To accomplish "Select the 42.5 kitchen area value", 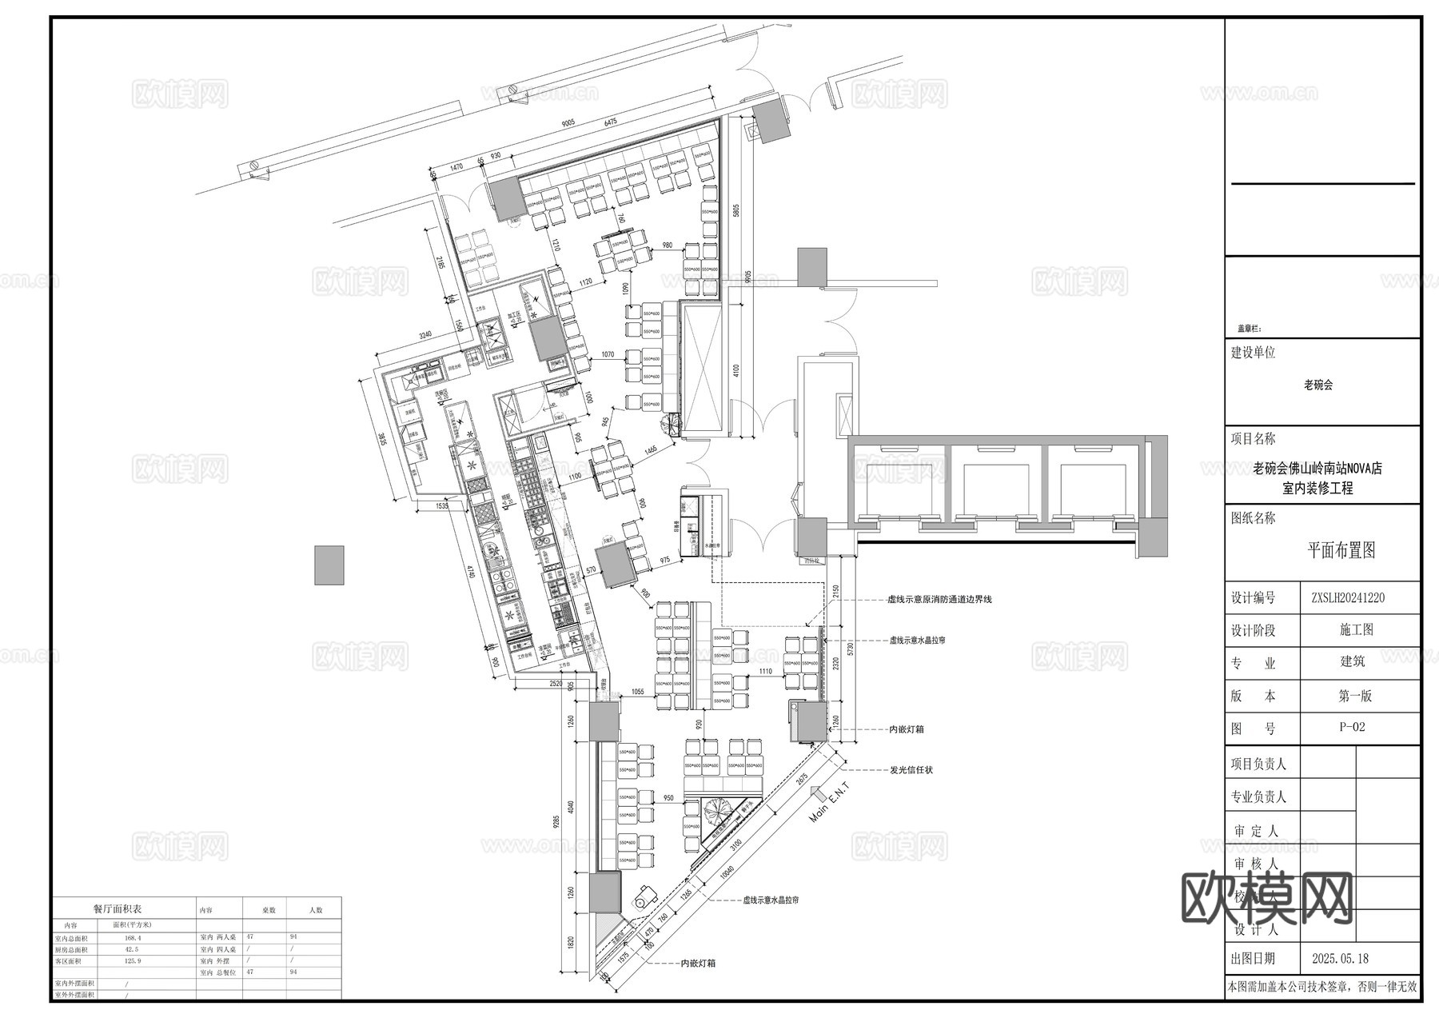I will (132, 949).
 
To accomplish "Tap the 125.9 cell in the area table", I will (132, 960).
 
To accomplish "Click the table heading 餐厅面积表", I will (117, 909).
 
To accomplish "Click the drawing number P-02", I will (1352, 727).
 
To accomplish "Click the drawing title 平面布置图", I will (1341, 550).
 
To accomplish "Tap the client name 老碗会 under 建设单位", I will (1318, 385).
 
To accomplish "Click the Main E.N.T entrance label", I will (831, 802).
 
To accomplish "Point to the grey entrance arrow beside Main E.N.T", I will (817, 793).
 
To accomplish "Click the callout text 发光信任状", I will (911, 770).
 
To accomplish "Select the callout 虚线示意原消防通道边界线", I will (939, 599).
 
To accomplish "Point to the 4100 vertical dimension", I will (736, 371).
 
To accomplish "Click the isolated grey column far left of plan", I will (329, 565).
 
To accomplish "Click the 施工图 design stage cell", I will (1356, 630).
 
